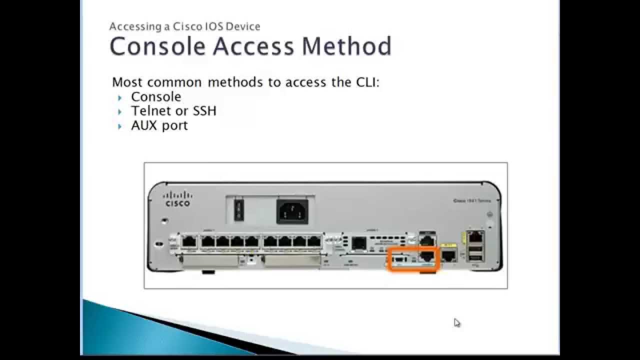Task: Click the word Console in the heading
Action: click(157, 46)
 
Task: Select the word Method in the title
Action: click(347, 46)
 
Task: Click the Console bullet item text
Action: click(156, 96)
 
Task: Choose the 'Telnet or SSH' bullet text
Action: click(173, 110)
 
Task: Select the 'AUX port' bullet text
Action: click(159, 125)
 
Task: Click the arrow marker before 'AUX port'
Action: click(120, 126)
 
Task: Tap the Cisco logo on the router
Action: click(177, 198)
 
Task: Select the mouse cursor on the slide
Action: click(457, 322)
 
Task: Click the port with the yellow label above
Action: click(449, 256)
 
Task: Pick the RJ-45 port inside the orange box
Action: click(427, 256)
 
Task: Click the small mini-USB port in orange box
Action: click(399, 259)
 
